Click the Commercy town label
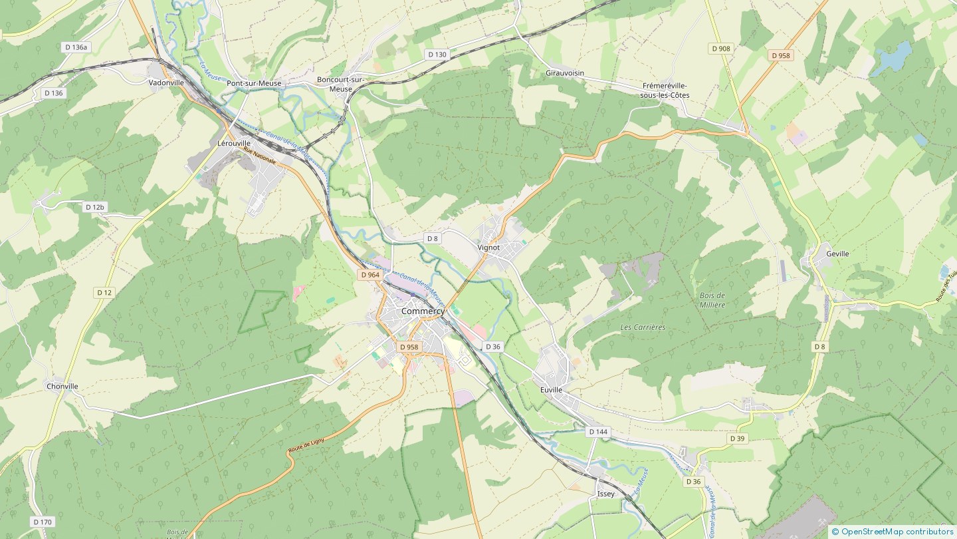click(423, 311)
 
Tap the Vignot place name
click(488, 248)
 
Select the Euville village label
click(551, 390)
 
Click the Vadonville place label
click(166, 83)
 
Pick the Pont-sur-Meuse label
click(254, 83)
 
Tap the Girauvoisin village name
click(565, 73)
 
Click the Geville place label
click(837, 254)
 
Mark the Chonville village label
click(62, 387)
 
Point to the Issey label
click(606, 494)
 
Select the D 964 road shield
click(370, 275)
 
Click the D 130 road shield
click(437, 55)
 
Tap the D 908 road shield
click(720, 49)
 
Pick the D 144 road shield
click(598, 432)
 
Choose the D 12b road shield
click(95, 207)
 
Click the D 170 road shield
click(42, 522)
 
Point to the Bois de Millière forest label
click(712, 300)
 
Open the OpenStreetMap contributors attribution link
click(896, 531)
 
